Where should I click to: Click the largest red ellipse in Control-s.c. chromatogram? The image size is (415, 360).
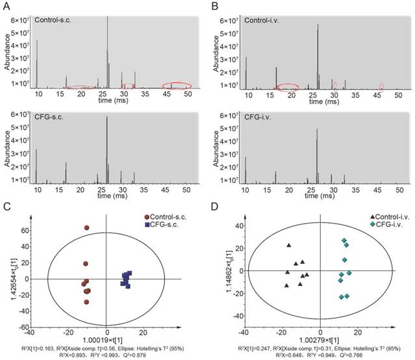pyautogui.click(x=176, y=85)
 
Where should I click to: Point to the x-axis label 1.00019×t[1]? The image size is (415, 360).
pyautogui.click(x=105, y=341)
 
